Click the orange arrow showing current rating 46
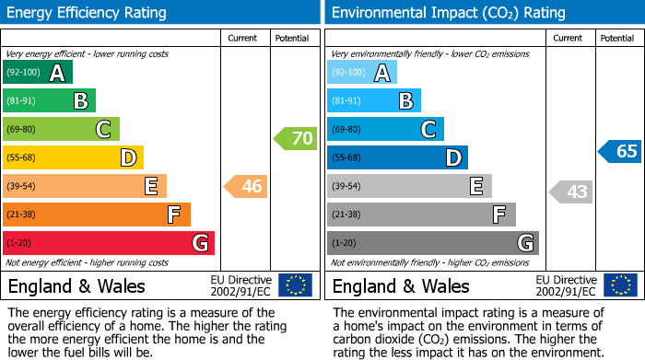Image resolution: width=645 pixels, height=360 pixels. (x=246, y=187)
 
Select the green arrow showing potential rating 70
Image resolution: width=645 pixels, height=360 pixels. (x=295, y=139)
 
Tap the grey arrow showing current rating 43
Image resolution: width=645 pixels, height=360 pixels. (x=570, y=192)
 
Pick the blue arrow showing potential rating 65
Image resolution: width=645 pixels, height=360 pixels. (x=619, y=152)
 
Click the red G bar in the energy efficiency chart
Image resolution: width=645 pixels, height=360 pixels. (x=109, y=243)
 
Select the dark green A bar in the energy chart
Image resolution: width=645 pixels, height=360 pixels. (x=38, y=73)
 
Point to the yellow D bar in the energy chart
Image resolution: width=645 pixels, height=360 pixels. (x=73, y=158)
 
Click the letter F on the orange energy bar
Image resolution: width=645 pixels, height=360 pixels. (x=173, y=215)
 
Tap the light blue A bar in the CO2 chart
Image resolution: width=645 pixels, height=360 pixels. (x=362, y=73)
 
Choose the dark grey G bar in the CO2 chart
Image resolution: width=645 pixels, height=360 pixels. (x=433, y=243)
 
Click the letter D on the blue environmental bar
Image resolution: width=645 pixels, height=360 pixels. (x=452, y=158)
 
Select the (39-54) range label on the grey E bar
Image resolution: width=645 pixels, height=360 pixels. (x=346, y=187)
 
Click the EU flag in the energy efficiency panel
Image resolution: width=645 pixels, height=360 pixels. (x=295, y=285)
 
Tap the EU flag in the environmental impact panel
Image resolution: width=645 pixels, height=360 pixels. (x=619, y=285)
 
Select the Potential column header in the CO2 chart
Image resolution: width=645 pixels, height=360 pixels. (x=617, y=38)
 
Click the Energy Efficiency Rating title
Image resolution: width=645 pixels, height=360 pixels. (x=88, y=13)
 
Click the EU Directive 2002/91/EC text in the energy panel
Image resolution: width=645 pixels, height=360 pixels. (x=240, y=285)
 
